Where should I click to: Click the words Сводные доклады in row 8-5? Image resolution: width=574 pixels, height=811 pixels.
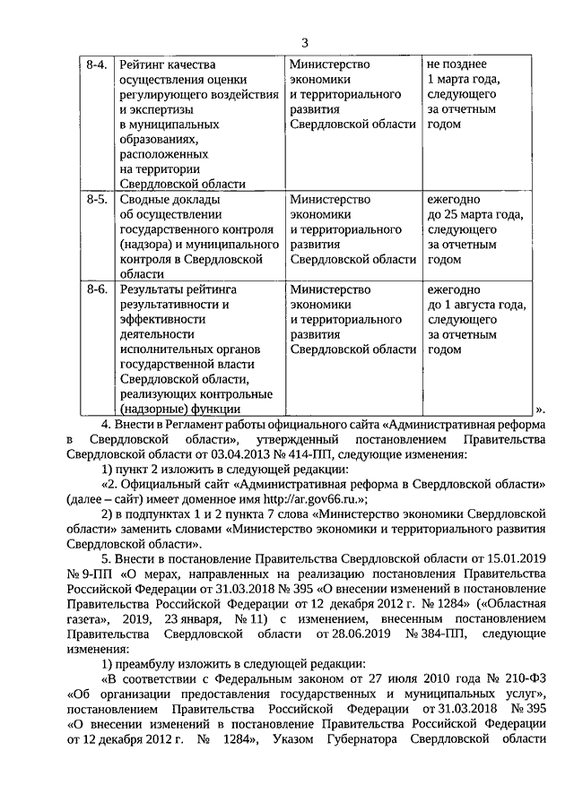tap(170, 199)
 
